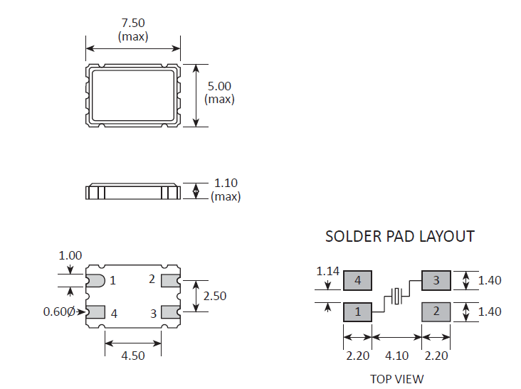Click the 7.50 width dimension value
pyautogui.click(x=133, y=23)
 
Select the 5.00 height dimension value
pyautogui.click(x=219, y=85)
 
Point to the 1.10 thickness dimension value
pyautogui.click(x=226, y=183)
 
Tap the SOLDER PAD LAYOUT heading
pyautogui.click(x=400, y=236)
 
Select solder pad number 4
pyautogui.click(x=358, y=281)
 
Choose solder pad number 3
pyautogui.click(x=436, y=281)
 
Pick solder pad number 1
pyautogui.click(x=358, y=311)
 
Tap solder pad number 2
pyautogui.click(x=436, y=311)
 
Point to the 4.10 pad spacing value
pyautogui.click(x=396, y=355)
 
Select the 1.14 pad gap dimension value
pyautogui.click(x=328, y=271)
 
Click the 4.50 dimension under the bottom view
pyautogui.click(x=133, y=356)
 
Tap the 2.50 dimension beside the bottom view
pyautogui.click(x=214, y=296)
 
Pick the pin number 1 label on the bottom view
pyautogui.click(x=112, y=281)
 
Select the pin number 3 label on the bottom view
pyautogui.click(x=152, y=313)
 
